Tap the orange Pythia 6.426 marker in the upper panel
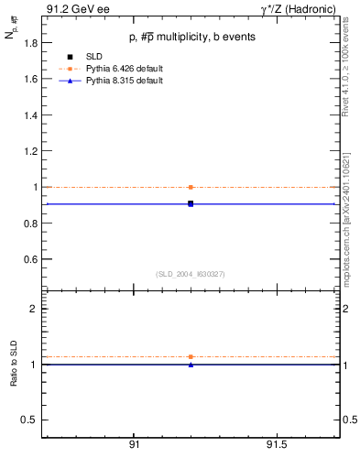tap(191, 187)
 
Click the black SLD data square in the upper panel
tap(191, 203)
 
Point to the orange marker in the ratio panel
tap(191, 356)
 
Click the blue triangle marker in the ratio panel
tap(191, 365)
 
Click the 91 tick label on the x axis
tap(134, 444)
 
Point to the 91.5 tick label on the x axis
tap(276, 444)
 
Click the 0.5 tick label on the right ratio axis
tap(347, 420)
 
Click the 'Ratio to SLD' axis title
tap(14, 365)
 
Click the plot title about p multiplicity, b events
tap(191, 37)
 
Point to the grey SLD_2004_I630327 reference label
tap(191, 274)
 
